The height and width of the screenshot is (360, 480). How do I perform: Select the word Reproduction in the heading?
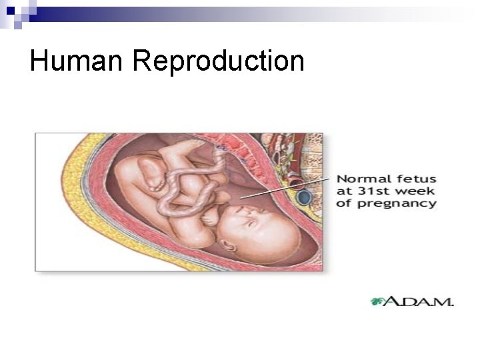(x=219, y=63)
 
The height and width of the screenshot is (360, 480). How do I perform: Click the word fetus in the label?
(x=416, y=179)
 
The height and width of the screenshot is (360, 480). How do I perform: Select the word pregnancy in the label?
(x=397, y=203)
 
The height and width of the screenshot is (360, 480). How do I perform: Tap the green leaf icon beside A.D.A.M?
(x=377, y=301)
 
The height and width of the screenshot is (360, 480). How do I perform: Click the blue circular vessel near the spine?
(x=305, y=197)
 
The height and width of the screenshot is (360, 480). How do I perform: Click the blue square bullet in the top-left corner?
(x=10, y=10)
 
